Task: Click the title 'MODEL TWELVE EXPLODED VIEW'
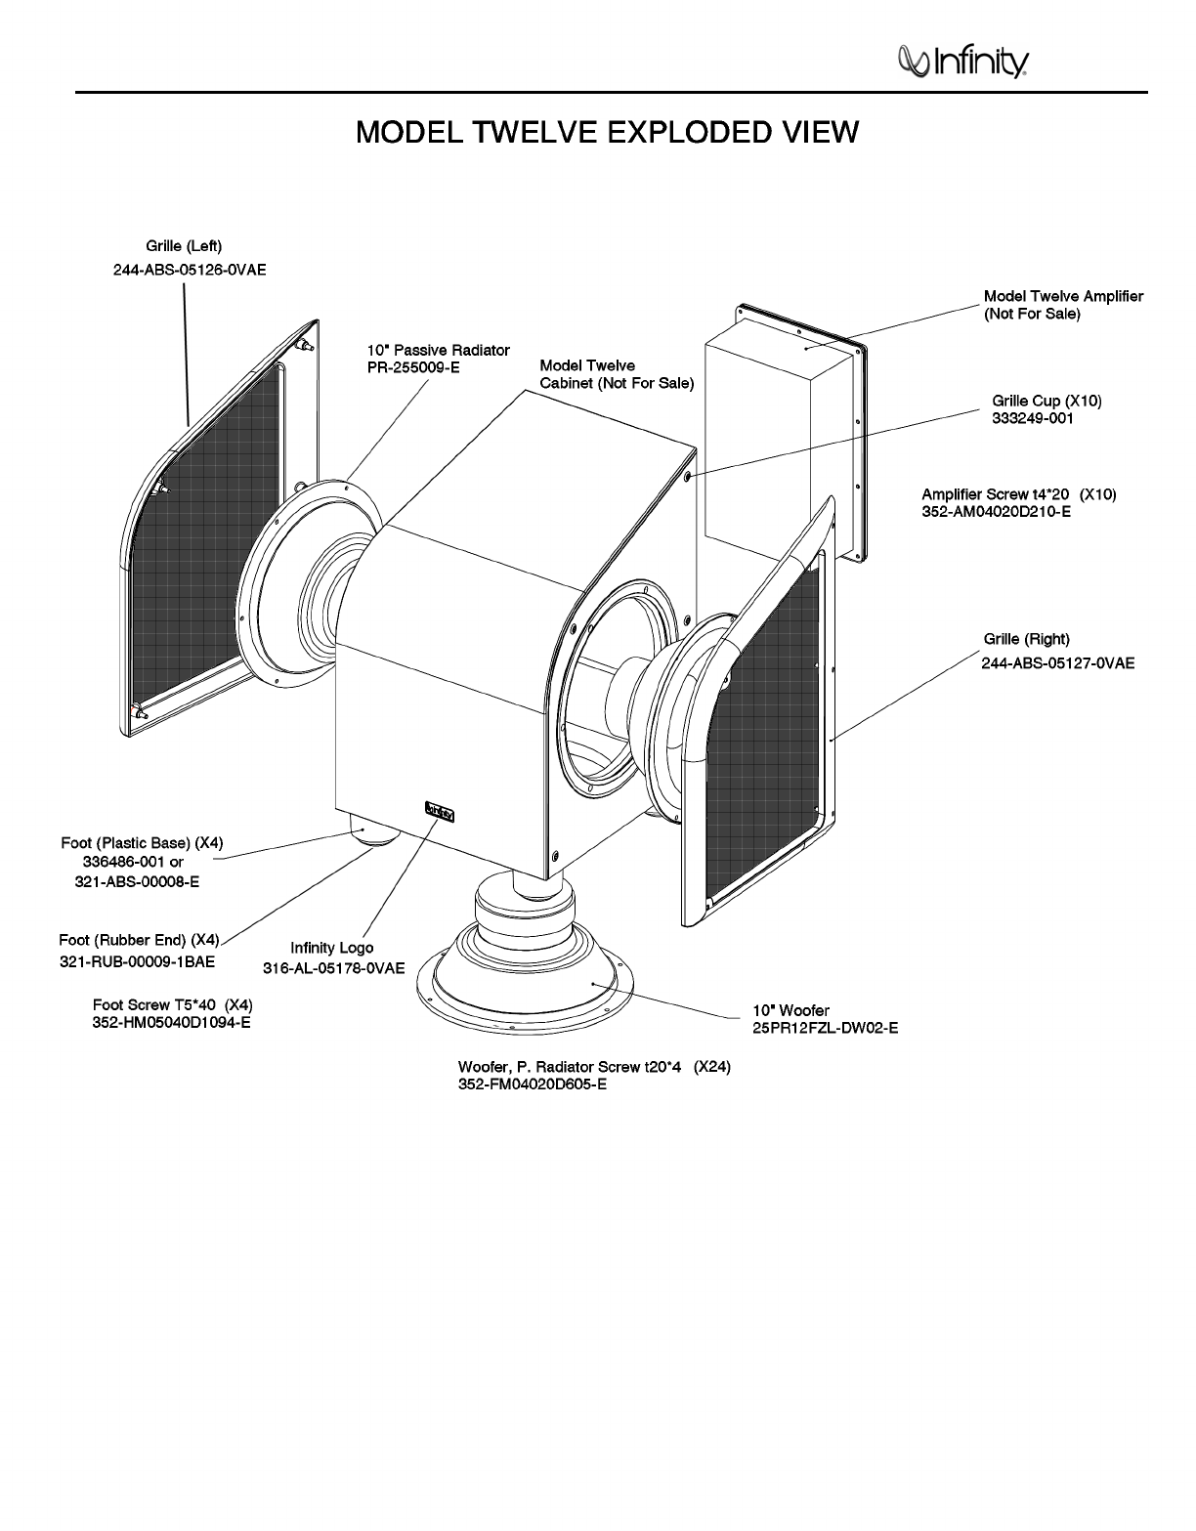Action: tap(607, 132)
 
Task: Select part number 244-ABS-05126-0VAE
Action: tap(190, 271)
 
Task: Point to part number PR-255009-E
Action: tap(413, 368)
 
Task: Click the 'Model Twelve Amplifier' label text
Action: tap(1063, 296)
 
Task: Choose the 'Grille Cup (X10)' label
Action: tap(1046, 401)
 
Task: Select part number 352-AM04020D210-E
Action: tap(997, 511)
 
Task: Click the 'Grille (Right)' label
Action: tap(1026, 639)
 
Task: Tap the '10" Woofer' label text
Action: tap(790, 1010)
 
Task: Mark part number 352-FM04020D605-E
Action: tap(533, 1084)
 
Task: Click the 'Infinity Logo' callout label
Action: tap(332, 948)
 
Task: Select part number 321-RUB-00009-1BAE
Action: tap(137, 961)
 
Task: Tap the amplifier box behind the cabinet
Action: tap(772, 430)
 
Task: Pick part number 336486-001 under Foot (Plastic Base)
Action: tap(130, 862)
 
